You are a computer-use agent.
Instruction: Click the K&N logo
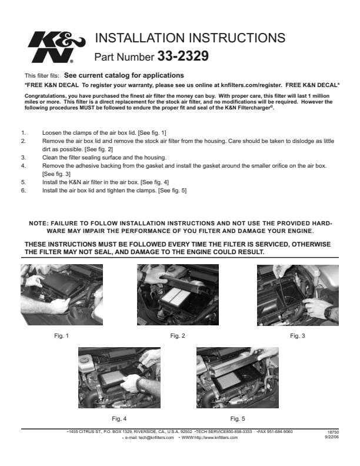point(56,47)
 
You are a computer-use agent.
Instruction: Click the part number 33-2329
point(183,56)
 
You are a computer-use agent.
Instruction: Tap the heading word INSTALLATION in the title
point(140,38)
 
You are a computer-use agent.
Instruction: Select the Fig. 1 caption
point(62,336)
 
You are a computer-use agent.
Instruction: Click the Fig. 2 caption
point(178,336)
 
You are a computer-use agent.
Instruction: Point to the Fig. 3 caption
point(298,336)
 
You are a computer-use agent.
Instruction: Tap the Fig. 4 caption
point(119,419)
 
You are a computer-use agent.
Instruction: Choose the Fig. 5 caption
point(238,419)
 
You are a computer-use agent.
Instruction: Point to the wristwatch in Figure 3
point(329,312)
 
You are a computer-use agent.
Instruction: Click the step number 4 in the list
point(24,166)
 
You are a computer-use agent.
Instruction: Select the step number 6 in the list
point(24,191)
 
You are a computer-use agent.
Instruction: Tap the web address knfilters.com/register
point(251,85)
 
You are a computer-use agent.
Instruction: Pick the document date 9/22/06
point(332,437)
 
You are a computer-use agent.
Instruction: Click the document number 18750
point(334,432)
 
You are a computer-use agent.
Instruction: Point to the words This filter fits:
point(42,76)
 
